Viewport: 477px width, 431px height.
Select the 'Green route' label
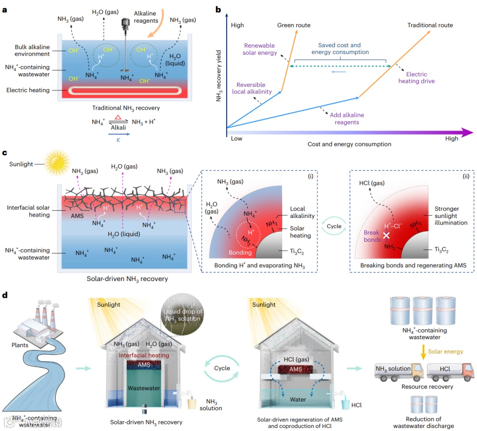(x=294, y=25)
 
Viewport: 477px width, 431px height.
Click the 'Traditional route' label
(x=430, y=25)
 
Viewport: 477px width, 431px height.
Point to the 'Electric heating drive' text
(x=416, y=78)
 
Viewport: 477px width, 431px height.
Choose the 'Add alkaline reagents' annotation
(x=347, y=118)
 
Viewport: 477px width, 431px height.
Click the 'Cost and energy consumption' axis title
(x=349, y=144)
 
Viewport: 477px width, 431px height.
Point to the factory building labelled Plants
(x=33, y=322)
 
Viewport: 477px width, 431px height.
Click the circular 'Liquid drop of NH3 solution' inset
(x=182, y=316)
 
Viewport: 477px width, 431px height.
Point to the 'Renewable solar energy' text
(x=260, y=49)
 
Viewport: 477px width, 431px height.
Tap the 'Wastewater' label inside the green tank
(x=138, y=388)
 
